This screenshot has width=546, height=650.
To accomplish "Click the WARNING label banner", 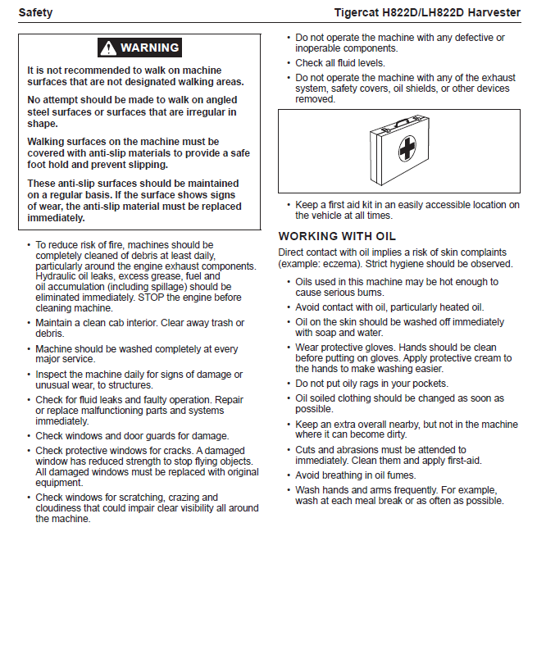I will click(139, 48).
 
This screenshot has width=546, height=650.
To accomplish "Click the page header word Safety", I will click(36, 12).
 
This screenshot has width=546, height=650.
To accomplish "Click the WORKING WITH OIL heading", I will click(337, 236).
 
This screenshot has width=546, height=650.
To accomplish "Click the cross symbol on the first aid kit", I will click(407, 149).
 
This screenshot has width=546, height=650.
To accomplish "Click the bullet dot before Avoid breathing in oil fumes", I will click(288, 475).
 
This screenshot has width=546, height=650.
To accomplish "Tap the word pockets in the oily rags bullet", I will click(429, 384).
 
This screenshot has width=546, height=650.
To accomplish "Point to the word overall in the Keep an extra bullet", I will click(380, 425).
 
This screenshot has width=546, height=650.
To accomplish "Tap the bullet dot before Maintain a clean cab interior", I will click(30, 324).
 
